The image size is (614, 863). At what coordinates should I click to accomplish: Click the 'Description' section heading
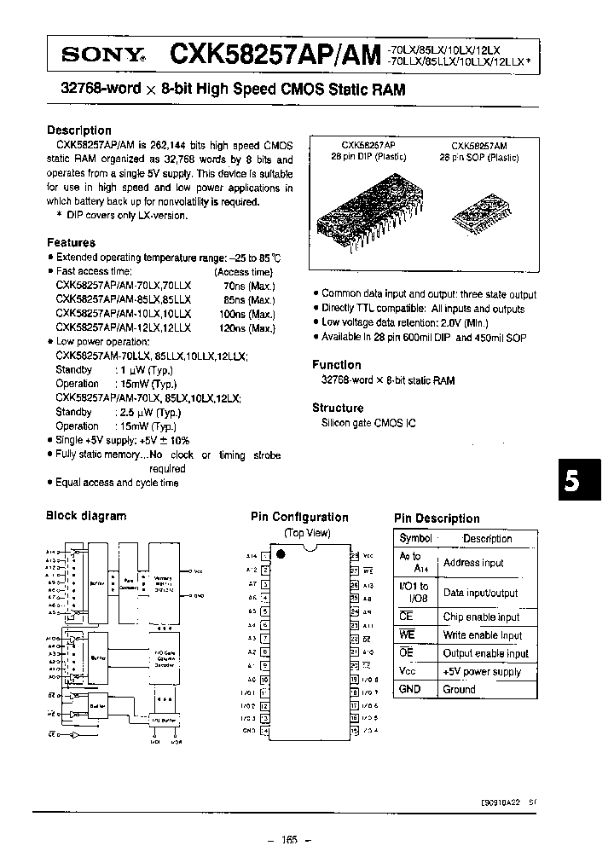(78, 130)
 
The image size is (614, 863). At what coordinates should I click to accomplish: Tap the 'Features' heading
(71, 243)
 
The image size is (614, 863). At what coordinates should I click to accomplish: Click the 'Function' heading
(336, 364)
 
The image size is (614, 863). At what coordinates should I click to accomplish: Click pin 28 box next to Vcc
(354, 556)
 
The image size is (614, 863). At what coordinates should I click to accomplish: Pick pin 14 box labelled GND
(264, 731)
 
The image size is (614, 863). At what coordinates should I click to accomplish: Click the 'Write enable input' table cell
(482, 635)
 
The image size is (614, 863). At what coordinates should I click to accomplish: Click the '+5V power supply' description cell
(482, 671)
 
